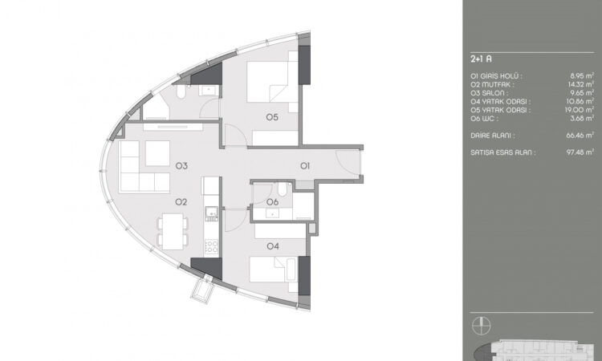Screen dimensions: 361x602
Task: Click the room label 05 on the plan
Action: (x=272, y=117)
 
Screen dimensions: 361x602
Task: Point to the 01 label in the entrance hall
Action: (x=305, y=166)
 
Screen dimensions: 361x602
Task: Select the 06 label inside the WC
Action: (x=272, y=201)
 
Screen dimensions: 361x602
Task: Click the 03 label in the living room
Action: (x=181, y=166)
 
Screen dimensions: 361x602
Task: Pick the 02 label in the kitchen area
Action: (x=181, y=201)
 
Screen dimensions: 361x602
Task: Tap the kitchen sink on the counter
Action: (x=212, y=214)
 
